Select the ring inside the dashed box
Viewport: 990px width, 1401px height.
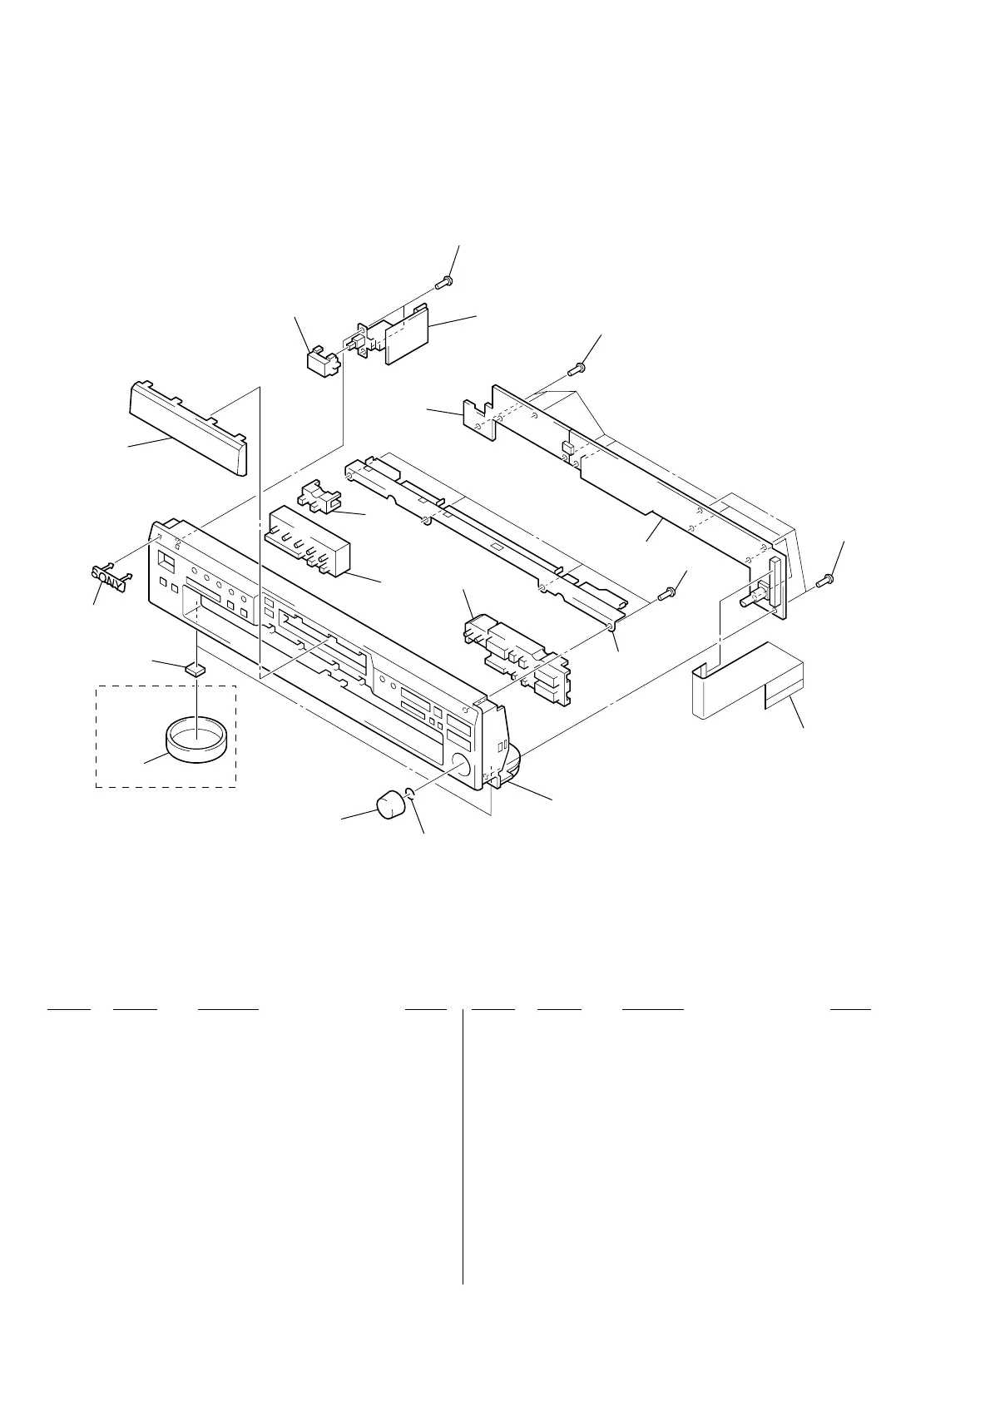click(196, 740)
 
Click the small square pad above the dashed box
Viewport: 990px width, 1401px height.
click(196, 668)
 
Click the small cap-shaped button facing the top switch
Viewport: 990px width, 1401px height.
click(318, 362)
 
